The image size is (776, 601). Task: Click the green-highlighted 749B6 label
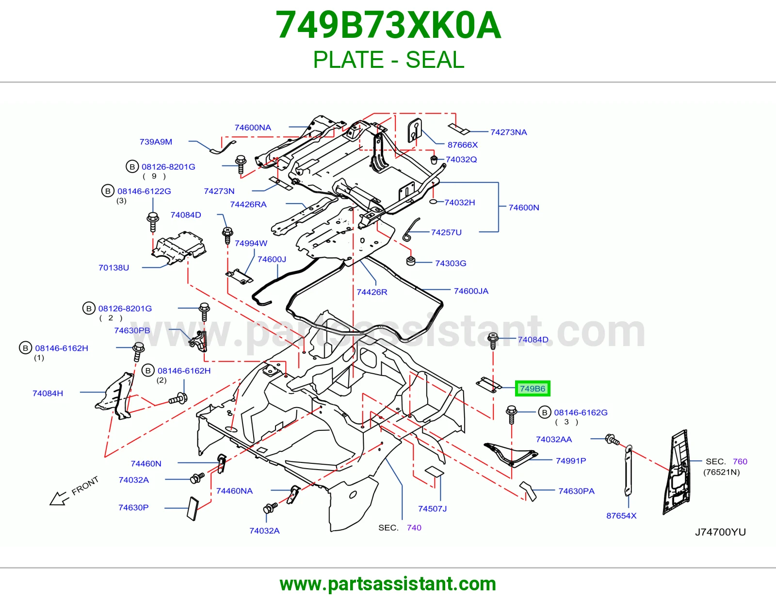[532, 388]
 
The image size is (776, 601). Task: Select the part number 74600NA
[253, 127]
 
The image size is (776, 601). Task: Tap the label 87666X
[463, 144]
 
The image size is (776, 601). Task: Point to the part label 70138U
[113, 268]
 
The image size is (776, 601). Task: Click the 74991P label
[571, 460]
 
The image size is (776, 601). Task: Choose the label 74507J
[432, 508]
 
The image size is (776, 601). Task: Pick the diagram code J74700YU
[720, 532]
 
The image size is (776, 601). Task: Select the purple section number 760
[740, 461]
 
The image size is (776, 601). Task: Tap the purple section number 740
[414, 527]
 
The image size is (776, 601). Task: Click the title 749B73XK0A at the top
[388, 25]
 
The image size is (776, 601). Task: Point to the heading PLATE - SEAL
[388, 60]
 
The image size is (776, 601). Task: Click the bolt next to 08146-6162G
[511, 414]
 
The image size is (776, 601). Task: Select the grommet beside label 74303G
[411, 261]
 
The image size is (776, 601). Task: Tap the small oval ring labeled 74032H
[433, 202]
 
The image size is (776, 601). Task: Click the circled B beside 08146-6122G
[108, 191]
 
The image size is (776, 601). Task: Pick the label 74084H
[48, 393]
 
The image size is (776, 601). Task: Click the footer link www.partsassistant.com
[388, 584]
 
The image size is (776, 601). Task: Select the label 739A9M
[156, 142]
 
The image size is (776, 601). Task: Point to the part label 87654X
[621, 515]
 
